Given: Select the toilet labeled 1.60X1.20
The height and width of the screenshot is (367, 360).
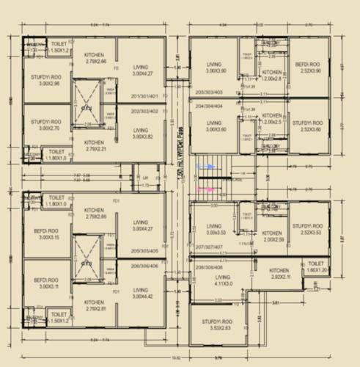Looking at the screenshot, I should click(316, 267).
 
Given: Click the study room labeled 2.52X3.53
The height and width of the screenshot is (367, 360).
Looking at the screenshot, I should click(306, 233).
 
